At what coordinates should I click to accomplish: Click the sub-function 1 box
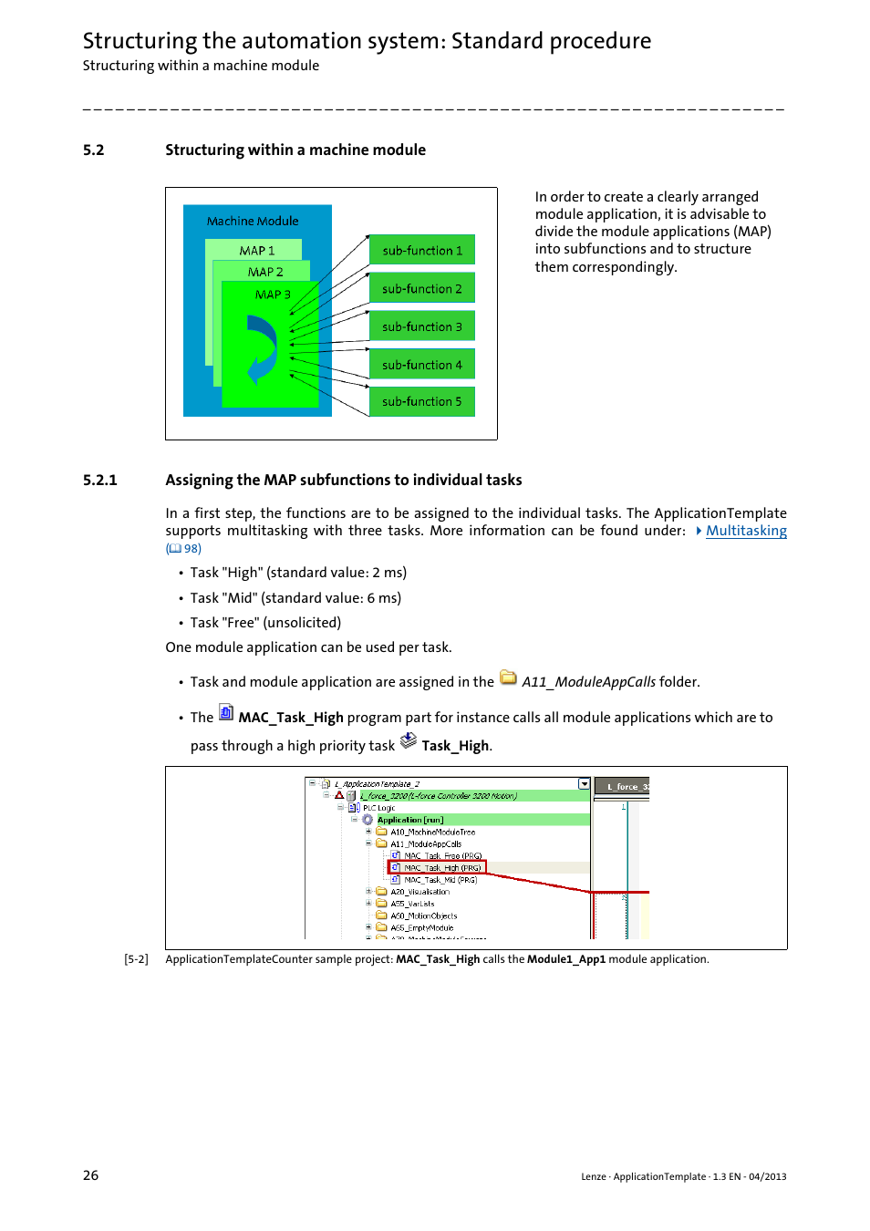pyautogui.click(x=422, y=251)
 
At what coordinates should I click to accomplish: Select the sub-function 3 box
pyautogui.click(x=422, y=326)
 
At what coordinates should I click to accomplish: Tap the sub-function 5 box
pyautogui.click(x=422, y=401)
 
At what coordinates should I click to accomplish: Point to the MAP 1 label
pyautogui.click(x=257, y=251)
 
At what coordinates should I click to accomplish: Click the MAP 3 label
pyautogui.click(x=273, y=295)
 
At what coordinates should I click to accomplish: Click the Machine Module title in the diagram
pyautogui.click(x=253, y=221)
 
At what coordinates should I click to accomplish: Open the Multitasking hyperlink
pyautogui.click(x=746, y=531)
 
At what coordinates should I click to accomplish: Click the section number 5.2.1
pyautogui.click(x=99, y=481)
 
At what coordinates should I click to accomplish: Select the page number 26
pyautogui.click(x=90, y=1175)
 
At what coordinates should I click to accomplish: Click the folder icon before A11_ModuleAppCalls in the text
pyautogui.click(x=508, y=678)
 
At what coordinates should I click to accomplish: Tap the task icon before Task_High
pyautogui.click(x=409, y=740)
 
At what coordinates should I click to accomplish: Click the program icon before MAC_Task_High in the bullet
pyautogui.click(x=226, y=712)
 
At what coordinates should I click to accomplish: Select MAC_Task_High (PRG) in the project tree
pyautogui.click(x=442, y=868)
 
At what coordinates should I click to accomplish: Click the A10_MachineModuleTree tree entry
pyautogui.click(x=432, y=832)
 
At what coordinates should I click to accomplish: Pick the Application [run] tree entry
pyautogui.click(x=410, y=820)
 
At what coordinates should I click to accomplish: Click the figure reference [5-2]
pyautogui.click(x=136, y=959)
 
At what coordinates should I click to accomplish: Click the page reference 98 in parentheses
pyautogui.click(x=192, y=549)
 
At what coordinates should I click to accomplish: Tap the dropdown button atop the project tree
pyautogui.click(x=585, y=784)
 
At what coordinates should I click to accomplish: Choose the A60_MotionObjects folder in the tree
pyautogui.click(x=423, y=915)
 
